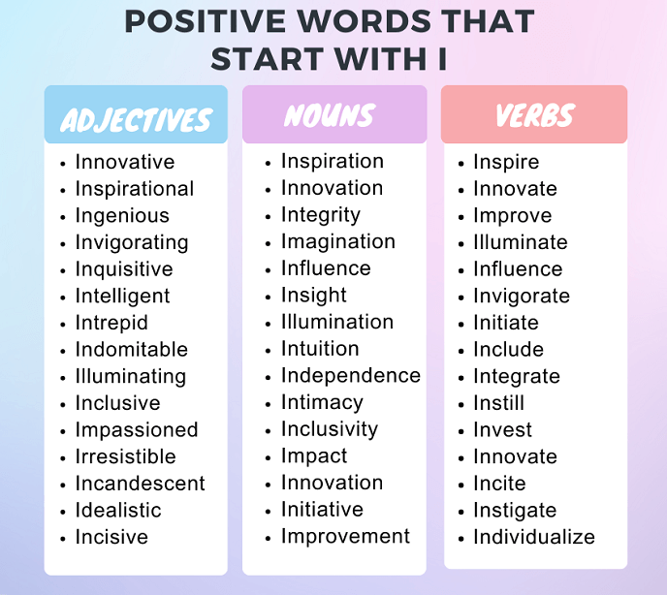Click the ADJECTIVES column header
coord(136,119)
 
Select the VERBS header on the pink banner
coord(534,117)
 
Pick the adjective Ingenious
coord(122,216)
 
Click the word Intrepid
coord(111,323)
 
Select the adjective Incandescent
coord(141,484)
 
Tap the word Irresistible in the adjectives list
coord(126,456)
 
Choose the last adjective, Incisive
coord(111,537)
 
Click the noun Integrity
coord(320,215)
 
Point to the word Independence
coord(351,376)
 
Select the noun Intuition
coord(320,349)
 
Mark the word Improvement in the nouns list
coord(345,536)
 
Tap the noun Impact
coord(314,456)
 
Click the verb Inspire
coord(506,163)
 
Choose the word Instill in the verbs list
coord(498,403)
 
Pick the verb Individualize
coord(534,537)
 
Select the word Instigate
coord(515,511)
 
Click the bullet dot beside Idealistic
coord(63,512)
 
